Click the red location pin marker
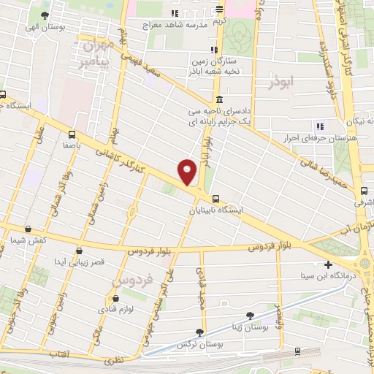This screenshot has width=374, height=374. (188, 171)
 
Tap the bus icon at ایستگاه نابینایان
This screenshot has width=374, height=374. (215, 198)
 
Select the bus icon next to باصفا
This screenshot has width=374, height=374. (72, 134)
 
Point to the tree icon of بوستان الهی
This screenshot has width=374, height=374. (45, 15)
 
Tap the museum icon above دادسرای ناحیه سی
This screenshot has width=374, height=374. (219, 100)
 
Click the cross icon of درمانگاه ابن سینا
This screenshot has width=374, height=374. (328, 264)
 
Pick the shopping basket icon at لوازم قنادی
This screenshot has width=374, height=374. (115, 298)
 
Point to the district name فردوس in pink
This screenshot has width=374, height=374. (134, 280)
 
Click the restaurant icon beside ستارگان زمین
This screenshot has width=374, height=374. (213, 50)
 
